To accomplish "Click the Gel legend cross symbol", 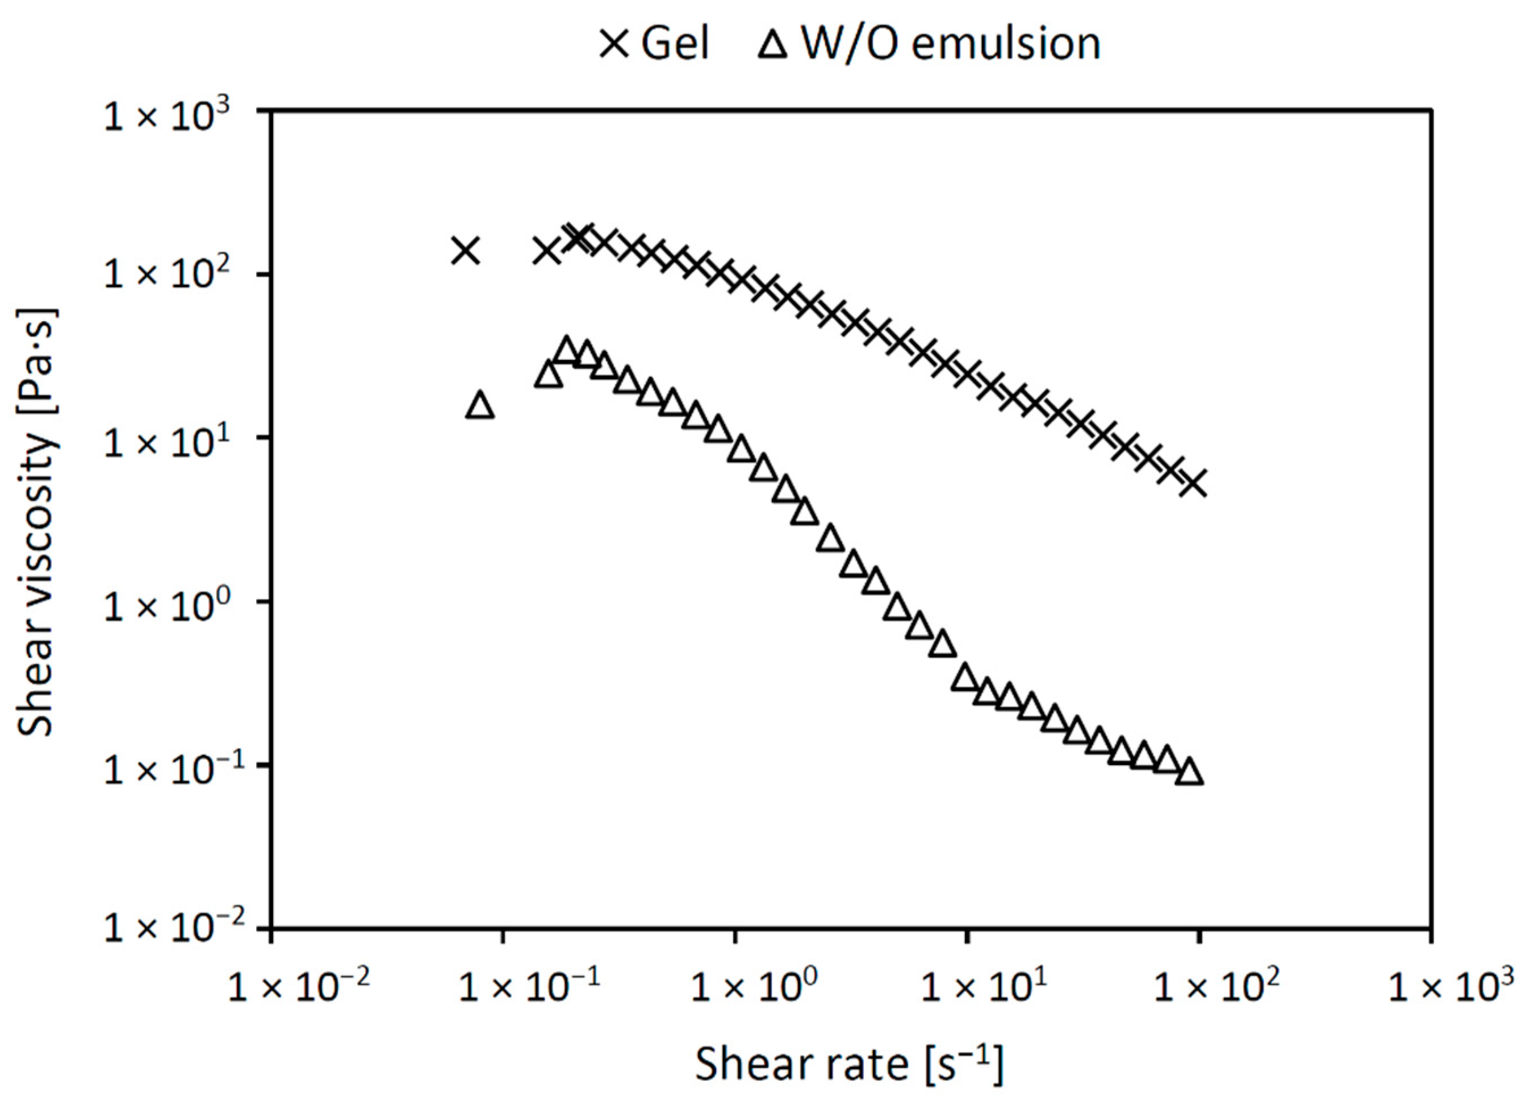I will pyautogui.click(x=614, y=45).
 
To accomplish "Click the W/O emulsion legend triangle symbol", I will pyautogui.click(x=773, y=45).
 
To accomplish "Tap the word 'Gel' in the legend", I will pyautogui.click(x=675, y=45).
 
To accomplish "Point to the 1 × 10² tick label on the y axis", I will pyautogui.click(x=167, y=275).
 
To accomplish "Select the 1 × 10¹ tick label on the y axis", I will pyautogui.click(x=167, y=439).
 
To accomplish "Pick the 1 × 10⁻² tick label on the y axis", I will pyautogui.click(x=167, y=929).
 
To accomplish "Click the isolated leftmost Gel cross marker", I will pyautogui.click(x=466, y=251).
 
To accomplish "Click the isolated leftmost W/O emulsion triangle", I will pyautogui.click(x=480, y=406).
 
